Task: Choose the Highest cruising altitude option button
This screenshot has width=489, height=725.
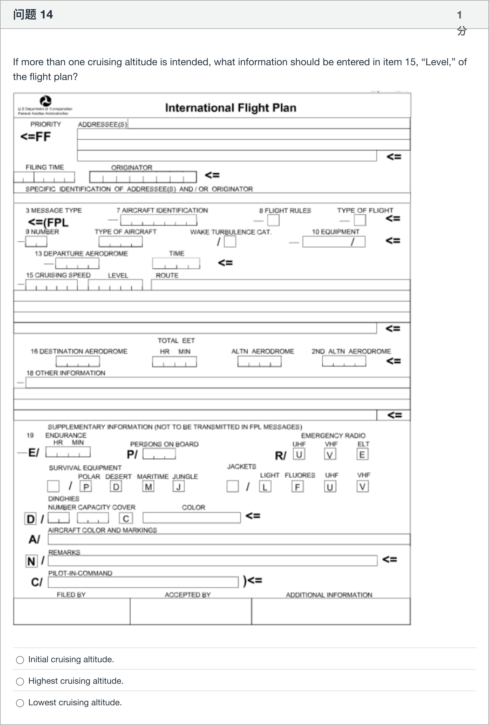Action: pos(20,681)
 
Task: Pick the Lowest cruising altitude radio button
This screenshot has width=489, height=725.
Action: pos(20,703)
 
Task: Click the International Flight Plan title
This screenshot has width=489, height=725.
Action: pos(230,108)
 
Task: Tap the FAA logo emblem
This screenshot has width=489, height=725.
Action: pos(46,101)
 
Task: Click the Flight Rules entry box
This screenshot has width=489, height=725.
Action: pos(273,220)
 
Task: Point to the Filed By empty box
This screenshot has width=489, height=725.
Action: pos(72,611)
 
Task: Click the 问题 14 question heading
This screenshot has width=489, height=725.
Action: pos(33,15)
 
